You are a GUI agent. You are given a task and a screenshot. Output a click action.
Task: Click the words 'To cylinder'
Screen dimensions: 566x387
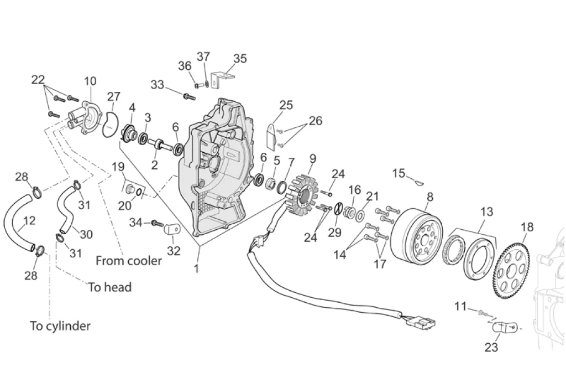(60, 326)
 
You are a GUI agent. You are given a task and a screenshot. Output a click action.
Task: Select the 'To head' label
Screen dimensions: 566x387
(110, 287)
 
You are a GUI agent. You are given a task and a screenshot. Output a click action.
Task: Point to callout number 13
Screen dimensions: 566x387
(486, 212)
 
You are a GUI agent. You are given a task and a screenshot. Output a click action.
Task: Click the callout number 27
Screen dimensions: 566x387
(113, 97)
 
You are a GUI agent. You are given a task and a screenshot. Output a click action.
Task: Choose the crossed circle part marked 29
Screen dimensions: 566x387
(338, 209)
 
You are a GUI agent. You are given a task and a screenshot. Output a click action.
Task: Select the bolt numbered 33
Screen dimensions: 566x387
(189, 96)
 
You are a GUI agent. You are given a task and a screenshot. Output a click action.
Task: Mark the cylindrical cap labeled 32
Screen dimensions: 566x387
(172, 229)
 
